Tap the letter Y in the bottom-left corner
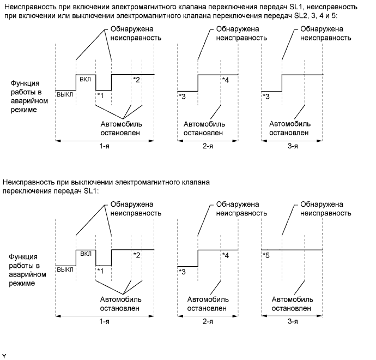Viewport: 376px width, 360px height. coord(4,355)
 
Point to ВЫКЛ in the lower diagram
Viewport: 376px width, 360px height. coord(65,269)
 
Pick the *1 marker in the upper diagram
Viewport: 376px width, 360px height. coord(100,95)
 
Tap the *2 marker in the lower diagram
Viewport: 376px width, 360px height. coord(137,255)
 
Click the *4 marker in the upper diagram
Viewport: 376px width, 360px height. coord(226,80)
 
